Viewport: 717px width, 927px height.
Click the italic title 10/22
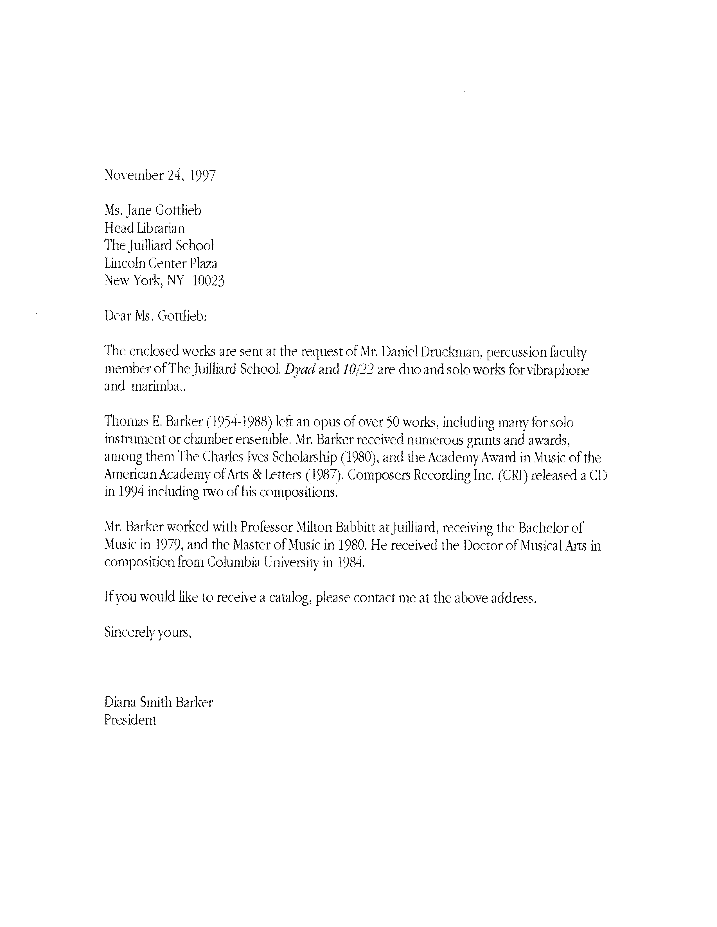(358, 369)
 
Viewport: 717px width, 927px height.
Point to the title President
(130, 720)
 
